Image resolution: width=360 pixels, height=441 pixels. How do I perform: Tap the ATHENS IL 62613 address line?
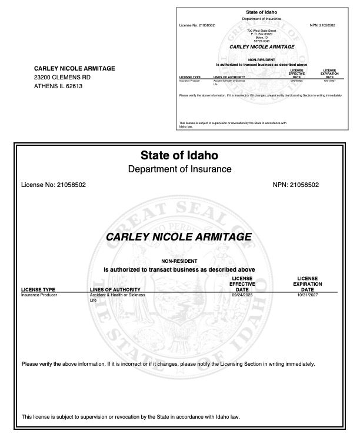[58, 86]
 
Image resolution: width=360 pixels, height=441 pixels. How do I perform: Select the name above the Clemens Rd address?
[75, 68]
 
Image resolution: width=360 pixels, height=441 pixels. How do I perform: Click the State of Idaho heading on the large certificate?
[179, 156]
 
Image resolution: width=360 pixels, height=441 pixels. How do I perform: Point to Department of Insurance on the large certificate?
[179, 169]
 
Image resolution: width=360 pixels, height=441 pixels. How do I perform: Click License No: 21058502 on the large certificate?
[54, 185]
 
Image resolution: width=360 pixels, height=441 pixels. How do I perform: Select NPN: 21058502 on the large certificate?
[296, 185]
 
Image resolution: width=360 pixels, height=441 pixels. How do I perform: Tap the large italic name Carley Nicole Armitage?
[179, 237]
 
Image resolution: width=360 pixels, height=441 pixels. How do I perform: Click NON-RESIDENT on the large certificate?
[179, 260]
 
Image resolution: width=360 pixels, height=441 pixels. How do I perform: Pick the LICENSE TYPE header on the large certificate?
[38, 289]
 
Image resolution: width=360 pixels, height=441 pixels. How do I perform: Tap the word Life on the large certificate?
[92, 300]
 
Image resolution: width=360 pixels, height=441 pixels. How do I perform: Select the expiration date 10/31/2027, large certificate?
[307, 295]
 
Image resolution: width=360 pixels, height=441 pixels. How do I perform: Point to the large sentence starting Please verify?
[168, 363]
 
